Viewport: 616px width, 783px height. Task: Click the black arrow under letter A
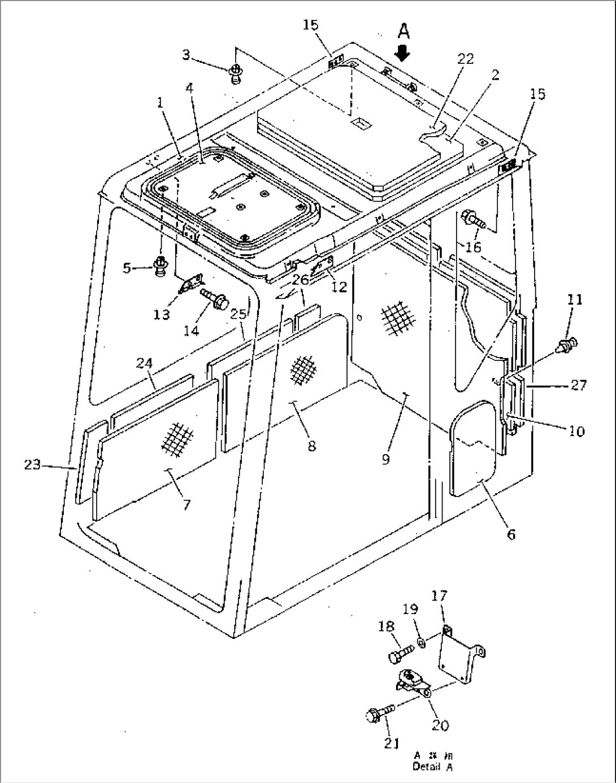pos(402,53)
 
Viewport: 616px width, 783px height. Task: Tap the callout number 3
pos(186,54)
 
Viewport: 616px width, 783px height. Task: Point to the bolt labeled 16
pos(472,220)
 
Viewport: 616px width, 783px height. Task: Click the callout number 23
pos(32,464)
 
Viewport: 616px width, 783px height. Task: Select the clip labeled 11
pos(567,343)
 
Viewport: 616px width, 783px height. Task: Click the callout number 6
pos(510,533)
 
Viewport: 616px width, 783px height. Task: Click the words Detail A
pos(432,767)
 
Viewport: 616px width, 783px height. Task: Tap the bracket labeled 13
pos(189,285)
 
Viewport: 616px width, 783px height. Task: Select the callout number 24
pos(145,363)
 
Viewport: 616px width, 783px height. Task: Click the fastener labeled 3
pos(236,73)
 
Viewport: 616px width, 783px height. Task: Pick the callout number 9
pos(386,459)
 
